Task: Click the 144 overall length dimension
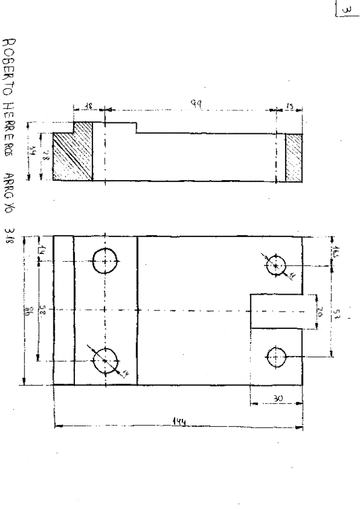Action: (178, 422)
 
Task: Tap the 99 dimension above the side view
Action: (196, 104)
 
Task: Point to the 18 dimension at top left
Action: (88, 105)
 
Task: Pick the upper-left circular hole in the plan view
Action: (107, 262)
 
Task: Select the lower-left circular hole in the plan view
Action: (106, 361)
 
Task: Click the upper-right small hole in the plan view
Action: (276, 265)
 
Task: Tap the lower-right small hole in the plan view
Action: (276, 357)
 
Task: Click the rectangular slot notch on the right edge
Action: (276, 311)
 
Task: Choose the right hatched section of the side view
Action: (293, 157)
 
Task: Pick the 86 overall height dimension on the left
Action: (26, 312)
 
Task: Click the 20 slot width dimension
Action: (319, 312)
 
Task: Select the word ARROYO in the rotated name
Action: (10, 191)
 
